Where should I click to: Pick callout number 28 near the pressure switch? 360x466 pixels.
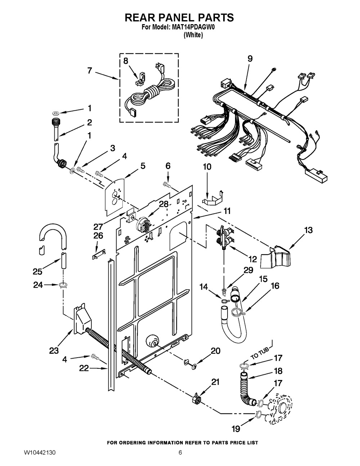[x=164, y=204]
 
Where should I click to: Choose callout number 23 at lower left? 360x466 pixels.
[x=54, y=350]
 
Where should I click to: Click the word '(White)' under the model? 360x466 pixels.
[x=193, y=35]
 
